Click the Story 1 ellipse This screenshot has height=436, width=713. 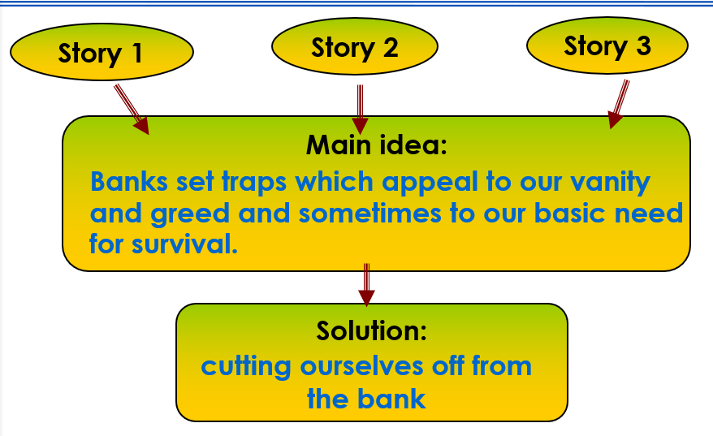102,52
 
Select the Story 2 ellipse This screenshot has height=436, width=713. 355,46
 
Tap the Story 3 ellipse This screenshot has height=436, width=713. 607,45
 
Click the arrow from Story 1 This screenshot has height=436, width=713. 132,110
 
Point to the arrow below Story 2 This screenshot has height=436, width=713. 360,110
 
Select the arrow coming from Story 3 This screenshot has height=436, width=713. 619,104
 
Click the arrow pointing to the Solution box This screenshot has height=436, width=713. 366,285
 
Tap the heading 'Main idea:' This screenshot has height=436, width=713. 377,145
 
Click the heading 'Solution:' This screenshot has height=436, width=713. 371,330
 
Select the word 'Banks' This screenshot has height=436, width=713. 129,181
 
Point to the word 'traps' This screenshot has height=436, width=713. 254,183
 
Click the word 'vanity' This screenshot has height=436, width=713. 610,183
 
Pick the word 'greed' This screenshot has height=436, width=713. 190,214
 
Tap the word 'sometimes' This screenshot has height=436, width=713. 369,214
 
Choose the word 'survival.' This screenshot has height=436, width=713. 184,244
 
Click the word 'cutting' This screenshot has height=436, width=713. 246,367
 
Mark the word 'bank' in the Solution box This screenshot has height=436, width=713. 391,399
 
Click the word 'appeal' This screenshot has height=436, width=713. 430,183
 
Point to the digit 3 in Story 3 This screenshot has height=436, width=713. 643,45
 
